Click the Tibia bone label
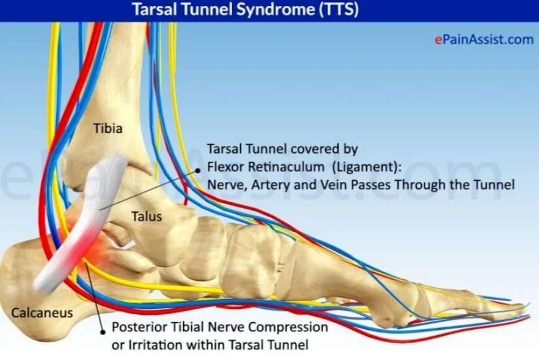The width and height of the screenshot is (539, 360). point(107,128)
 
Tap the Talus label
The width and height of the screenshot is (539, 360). point(146,215)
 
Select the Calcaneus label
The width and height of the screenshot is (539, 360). point(43,312)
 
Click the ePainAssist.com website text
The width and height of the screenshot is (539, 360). point(484,39)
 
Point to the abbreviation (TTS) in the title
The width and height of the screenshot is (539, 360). point(339,11)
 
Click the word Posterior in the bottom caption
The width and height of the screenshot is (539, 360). point(138,327)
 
